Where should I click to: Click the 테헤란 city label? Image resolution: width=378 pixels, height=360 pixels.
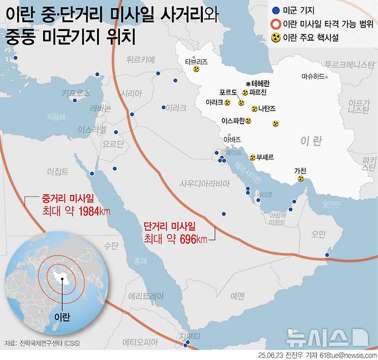pyautogui.click(x=259, y=83)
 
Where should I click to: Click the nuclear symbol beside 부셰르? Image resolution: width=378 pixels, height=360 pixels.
pyautogui.click(x=253, y=157)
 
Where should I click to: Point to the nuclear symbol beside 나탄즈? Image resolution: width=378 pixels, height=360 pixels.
pyautogui.click(x=254, y=108)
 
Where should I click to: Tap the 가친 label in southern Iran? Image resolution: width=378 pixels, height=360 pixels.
pyautogui.click(x=300, y=170)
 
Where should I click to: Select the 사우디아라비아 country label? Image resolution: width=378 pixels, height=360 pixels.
pyautogui.click(x=205, y=183)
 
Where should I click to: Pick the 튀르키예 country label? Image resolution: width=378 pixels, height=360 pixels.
pyautogui.click(x=141, y=59)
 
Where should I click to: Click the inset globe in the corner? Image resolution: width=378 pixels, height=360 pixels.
pyautogui.click(x=57, y=277)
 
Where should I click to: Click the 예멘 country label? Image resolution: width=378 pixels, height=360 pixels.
pyautogui.click(x=237, y=296)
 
